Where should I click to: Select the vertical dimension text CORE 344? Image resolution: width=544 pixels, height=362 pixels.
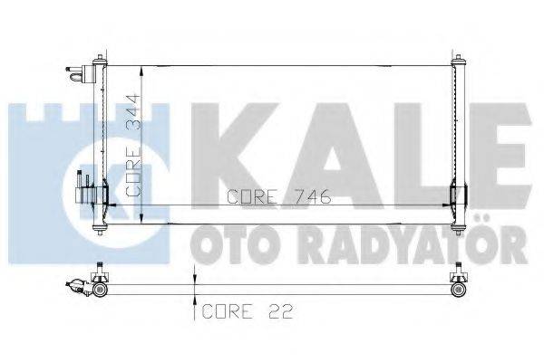132,145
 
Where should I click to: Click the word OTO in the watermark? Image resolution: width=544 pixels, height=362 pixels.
228,242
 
